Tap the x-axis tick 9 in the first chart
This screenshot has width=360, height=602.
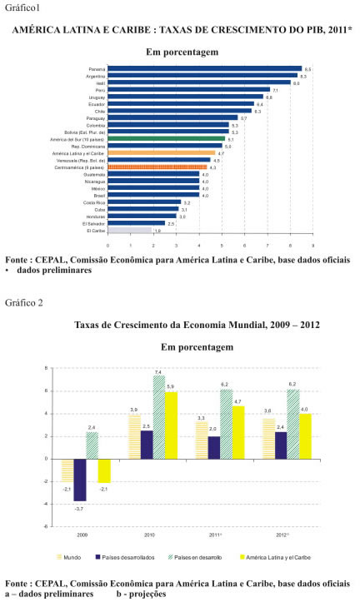313,246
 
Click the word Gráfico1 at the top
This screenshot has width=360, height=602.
22,7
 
